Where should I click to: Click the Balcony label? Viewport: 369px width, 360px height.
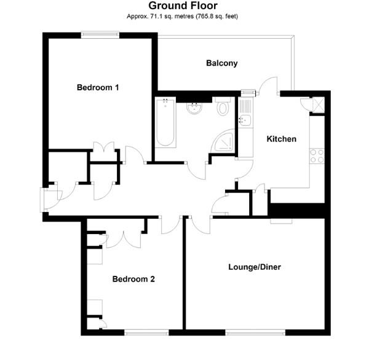(x=221, y=63)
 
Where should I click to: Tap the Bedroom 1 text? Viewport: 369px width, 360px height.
(x=98, y=87)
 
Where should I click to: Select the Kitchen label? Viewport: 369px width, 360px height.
(x=281, y=139)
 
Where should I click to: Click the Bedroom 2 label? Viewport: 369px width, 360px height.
(x=133, y=279)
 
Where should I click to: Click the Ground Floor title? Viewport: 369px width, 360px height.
(x=184, y=6)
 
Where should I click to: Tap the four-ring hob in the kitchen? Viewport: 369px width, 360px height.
(x=317, y=156)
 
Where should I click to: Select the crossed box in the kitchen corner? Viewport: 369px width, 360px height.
(x=317, y=104)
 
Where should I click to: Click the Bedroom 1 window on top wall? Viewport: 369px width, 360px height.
(x=101, y=35)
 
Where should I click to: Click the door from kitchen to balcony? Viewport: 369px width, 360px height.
(x=268, y=86)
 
